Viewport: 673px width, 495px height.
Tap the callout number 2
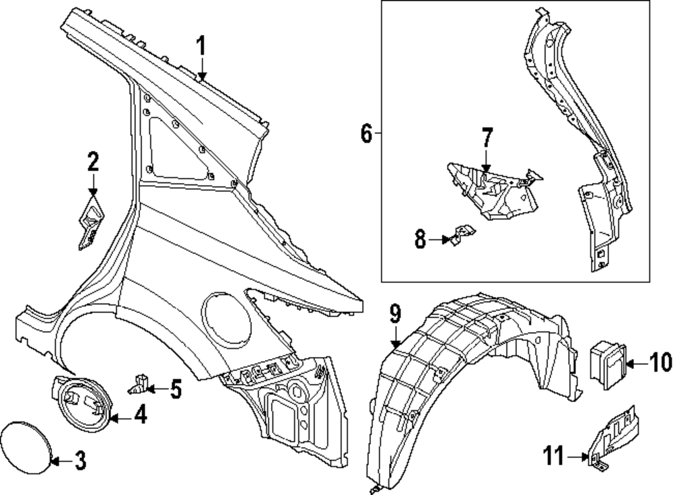tap(93, 162)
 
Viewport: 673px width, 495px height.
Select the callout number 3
tap(79, 461)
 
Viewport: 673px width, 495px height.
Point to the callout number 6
tap(365, 134)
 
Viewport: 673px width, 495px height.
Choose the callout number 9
tap(395, 314)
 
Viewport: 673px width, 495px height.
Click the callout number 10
tap(651, 364)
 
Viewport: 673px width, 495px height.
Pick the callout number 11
tap(555, 459)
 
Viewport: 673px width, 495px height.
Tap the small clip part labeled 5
tap(140, 385)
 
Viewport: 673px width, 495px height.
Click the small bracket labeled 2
tap(89, 222)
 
